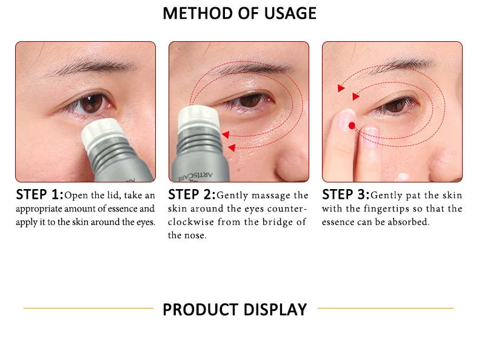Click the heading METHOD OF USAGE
(239, 13)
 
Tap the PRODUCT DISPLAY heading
(235, 309)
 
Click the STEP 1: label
(39, 195)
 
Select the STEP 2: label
(191, 195)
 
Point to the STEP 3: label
(345, 195)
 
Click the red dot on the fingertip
(351, 125)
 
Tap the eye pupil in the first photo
(92, 104)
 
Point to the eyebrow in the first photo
(85, 68)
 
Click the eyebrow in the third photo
(394, 65)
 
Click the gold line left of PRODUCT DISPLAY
(89, 308)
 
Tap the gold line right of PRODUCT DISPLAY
(385, 308)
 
